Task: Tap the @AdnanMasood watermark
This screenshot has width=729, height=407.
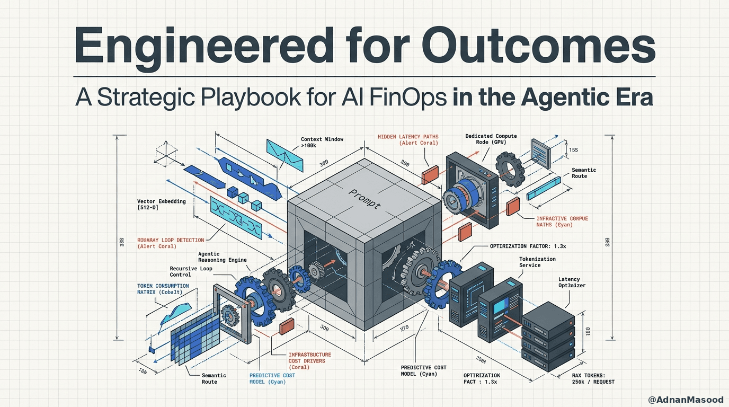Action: pos(686,400)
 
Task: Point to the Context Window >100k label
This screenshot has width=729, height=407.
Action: pos(322,143)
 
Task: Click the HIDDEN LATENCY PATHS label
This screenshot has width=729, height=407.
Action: pos(407,140)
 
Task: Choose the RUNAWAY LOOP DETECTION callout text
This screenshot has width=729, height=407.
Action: pos(170,243)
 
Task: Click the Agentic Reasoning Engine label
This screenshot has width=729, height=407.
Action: pos(216,257)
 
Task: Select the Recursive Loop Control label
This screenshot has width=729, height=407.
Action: pos(191,271)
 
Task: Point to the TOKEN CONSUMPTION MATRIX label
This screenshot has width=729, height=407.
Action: pos(163,289)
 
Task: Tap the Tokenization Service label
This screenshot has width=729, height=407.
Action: pos(537,262)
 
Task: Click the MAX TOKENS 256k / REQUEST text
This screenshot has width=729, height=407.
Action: pos(593,378)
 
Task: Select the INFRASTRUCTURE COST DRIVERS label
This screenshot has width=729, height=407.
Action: pos(310,360)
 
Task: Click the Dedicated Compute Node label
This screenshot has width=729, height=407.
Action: pos(491,139)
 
